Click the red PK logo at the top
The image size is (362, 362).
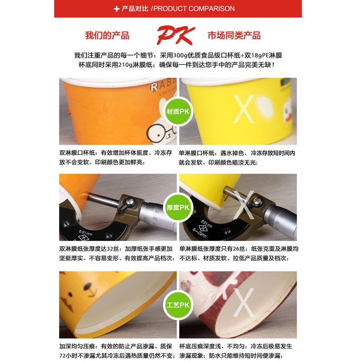[176, 35]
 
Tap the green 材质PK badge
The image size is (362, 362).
[178, 111]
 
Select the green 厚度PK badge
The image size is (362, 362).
[178, 208]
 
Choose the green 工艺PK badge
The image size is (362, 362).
[178, 305]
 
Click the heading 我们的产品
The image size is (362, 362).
[107, 36]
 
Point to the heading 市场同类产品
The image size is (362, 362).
[234, 36]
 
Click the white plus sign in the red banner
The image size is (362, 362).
[117, 9]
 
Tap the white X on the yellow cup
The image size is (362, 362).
[243, 109]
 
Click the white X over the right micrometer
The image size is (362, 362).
[243, 205]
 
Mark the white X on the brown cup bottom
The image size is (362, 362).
[243, 302]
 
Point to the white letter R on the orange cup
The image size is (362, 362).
[154, 87]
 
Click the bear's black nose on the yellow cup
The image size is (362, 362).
[87, 287]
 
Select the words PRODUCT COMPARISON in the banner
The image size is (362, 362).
[194, 9]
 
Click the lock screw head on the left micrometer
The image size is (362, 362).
[130, 202]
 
